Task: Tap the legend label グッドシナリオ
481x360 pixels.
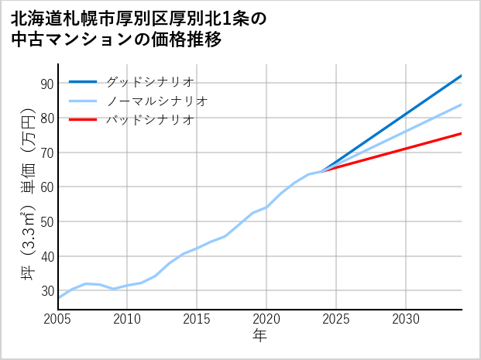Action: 149,81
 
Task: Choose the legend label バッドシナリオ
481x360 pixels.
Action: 149,120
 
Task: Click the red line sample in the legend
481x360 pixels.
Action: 83,120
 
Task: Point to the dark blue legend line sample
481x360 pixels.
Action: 83,81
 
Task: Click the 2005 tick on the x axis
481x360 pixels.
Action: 57,319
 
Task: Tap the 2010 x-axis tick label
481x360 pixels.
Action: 127,319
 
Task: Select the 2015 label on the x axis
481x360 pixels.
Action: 197,319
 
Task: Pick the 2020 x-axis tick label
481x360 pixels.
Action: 266,319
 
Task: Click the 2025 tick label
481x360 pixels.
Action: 336,319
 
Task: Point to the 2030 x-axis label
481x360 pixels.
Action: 406,319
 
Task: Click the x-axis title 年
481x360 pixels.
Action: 259,336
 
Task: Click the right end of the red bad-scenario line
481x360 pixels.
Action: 461,134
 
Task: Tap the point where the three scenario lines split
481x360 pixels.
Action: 322,171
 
